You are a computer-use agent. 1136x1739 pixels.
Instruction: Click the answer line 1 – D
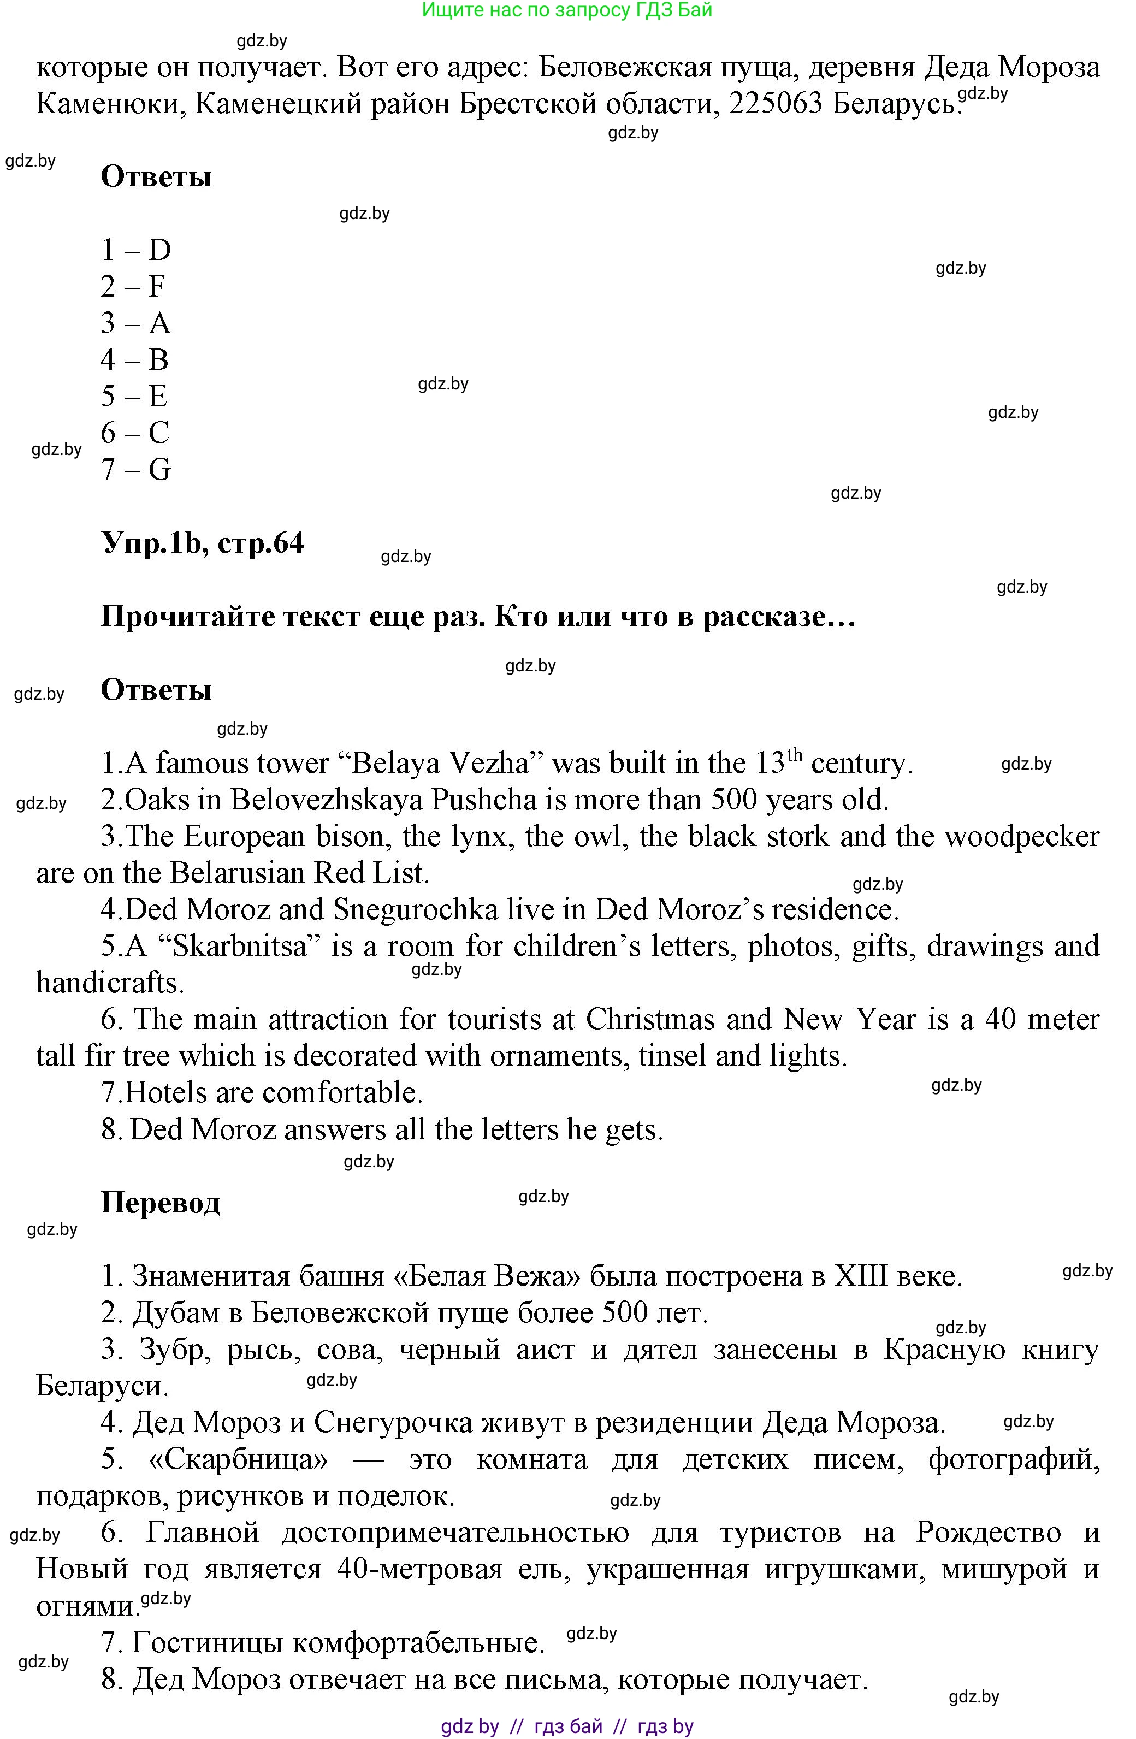point(136,250)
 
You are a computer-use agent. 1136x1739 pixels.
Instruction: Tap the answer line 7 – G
point(136,469)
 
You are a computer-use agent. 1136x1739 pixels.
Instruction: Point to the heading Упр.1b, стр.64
point(203,543)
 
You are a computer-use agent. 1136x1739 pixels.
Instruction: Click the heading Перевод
point(160,1202)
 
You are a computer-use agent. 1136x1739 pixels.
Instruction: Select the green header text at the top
point(567,10)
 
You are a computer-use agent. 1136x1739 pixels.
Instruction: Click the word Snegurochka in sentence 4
point(416,910)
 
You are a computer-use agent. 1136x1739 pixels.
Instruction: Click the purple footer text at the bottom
point(567,1726)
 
